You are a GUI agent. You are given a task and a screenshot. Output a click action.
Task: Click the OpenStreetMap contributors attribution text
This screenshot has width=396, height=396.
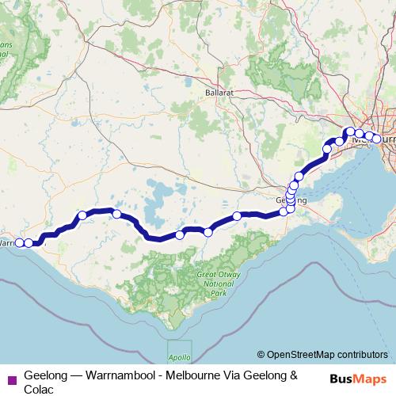pos(327,354)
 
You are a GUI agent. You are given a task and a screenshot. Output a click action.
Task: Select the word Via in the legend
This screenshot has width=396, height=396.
pos(237,373)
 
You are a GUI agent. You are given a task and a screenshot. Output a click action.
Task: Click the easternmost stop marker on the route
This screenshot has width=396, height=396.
pos(376,139)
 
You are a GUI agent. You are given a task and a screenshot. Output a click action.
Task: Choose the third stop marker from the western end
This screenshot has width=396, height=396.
pos(82,215)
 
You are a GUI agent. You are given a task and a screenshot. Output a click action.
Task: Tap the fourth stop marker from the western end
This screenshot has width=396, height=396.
pos(116,214)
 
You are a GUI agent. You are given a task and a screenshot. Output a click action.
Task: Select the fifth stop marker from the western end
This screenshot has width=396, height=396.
pos(180,234)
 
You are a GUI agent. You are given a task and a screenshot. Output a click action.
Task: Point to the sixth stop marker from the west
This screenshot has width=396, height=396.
pos(208,232)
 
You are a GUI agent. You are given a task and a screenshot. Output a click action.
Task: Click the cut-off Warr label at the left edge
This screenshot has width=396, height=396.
pos(8,242)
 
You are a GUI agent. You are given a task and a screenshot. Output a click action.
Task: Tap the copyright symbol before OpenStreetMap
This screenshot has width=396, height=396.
pos(261,354)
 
